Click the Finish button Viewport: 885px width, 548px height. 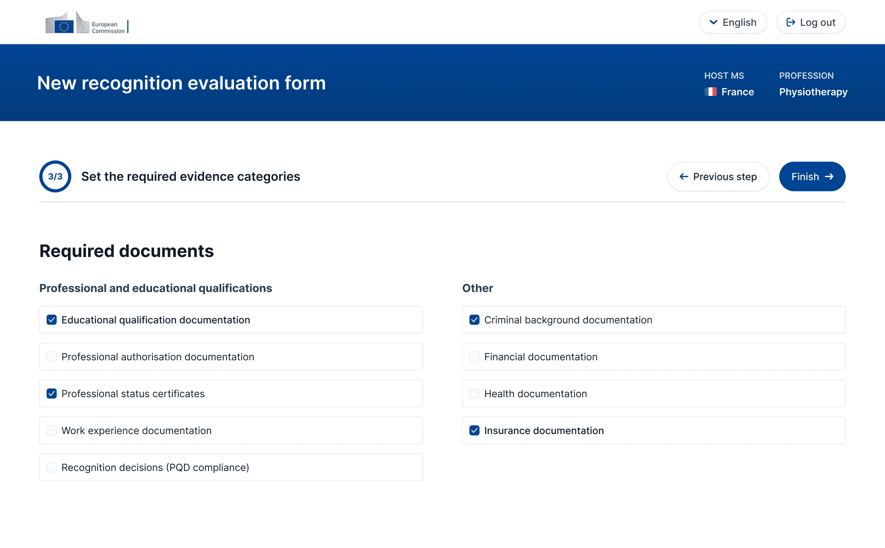tap(812, 177)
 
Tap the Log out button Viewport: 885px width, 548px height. tap(811, 23)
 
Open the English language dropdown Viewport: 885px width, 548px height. tap(733, 23)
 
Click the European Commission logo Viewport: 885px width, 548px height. tap(87, 23)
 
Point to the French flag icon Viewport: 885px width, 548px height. tap(710, 92)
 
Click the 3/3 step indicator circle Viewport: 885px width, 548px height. tap(55, 177)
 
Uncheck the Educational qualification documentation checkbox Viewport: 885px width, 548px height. tap(52, 320)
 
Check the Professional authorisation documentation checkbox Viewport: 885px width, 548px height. tap(52, 357)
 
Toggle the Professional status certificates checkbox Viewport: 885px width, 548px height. tap(52, 393)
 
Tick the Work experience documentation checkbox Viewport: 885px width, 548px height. tap(52, 430)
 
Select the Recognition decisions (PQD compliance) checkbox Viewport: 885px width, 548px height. tap(52, 467)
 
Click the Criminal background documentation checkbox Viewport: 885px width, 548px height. tap(474, 320)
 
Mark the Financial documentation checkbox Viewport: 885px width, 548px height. tap(474, 357)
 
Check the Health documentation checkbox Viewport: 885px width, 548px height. tap(474, 393)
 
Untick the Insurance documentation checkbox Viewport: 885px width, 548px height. tap(474, 430)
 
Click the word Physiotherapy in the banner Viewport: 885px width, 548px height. tap(813, 92)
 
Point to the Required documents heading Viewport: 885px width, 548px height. tap(127, 251)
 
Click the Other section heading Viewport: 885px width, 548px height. tap(477, 288)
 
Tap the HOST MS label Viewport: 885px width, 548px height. tap(724, 76)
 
